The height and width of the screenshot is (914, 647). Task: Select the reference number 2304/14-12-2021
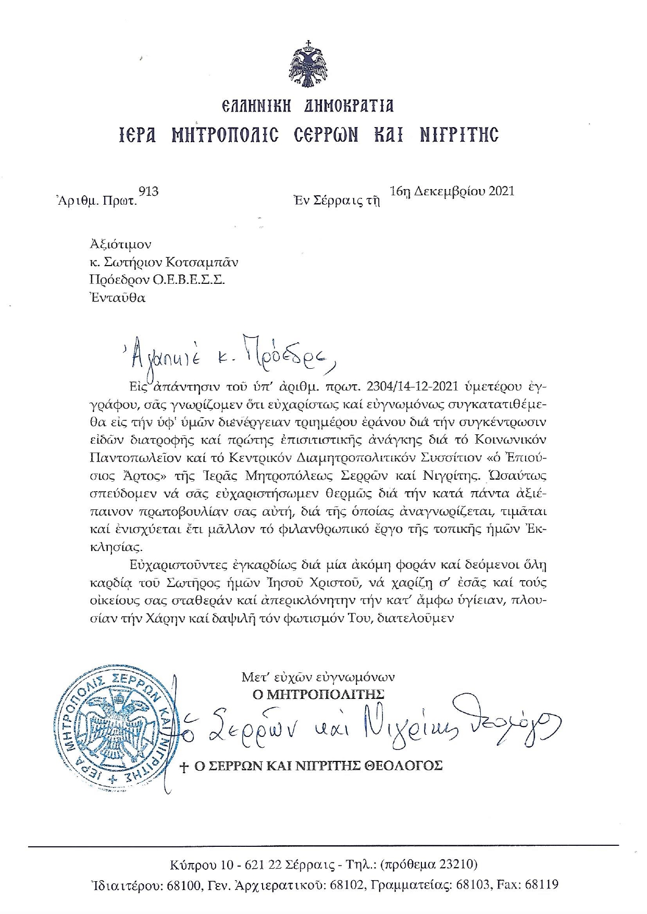point(411,387)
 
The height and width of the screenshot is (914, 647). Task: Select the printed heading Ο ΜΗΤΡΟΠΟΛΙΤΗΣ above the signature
point(318,694)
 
